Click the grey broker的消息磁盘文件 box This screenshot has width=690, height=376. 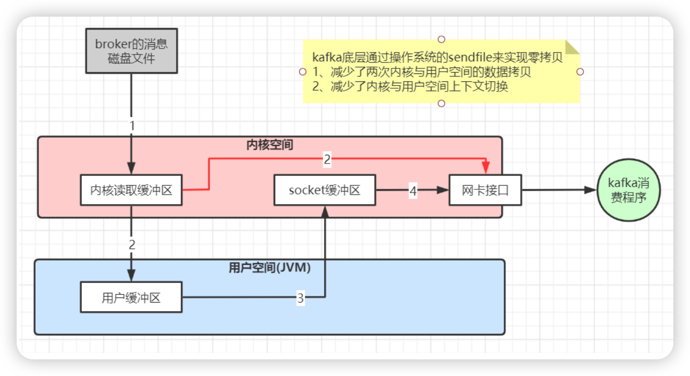click(x=131, y=51)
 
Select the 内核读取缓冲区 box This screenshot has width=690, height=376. click(x=131, y=190)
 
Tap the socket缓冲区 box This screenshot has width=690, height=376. click(x=324, y=190)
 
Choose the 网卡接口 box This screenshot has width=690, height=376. click(x=485, y=190)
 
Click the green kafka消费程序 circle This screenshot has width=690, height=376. click(x=628, y=190)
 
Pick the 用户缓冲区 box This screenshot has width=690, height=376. click(x=131, y=297)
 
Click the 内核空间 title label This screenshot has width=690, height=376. click(x=270, y=145)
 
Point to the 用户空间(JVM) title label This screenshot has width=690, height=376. click(x=270, y=267)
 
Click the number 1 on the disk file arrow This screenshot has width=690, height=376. click(x=132, y=126)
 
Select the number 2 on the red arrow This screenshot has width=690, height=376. click(x=327, y=159)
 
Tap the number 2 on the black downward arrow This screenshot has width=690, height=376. click(x=132, y=244)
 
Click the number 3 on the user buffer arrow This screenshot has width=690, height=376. click(x=300, y=298)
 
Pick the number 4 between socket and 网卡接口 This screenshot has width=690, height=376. click(x=413, y=190)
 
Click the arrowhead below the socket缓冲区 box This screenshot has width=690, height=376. click(x=325, y=212)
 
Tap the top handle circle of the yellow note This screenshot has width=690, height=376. click(x=441, y=39)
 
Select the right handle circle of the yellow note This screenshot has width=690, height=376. click(x=580, y=72)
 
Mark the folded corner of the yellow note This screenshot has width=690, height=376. click(x=572, y=47)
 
